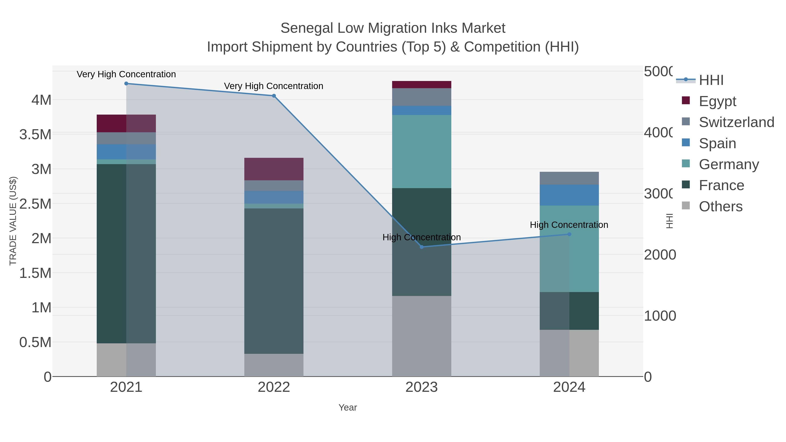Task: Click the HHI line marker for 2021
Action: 126,83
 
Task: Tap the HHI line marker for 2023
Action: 422,247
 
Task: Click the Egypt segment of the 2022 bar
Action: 274,169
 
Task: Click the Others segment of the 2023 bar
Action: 421,336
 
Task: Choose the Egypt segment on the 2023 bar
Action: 421,84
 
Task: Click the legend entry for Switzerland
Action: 736,122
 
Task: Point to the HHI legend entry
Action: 711,80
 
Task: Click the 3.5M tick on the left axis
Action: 35,134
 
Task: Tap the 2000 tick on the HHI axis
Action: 660,255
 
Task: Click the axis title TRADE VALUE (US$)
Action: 13,221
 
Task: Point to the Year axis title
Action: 348,408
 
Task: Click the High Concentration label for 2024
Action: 569,225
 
